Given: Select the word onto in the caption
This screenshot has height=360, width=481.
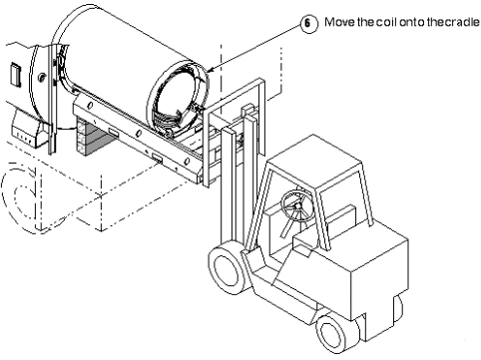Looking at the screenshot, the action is [x=412, y=22].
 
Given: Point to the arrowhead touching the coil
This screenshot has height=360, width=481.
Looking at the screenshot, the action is [x=211, y=70].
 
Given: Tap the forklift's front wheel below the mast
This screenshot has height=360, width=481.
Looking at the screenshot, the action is [x=227, y=268].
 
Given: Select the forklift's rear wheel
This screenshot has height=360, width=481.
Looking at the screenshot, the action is [x=335, y=333].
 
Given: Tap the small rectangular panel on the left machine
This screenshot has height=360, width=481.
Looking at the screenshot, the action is [x=16, y=75].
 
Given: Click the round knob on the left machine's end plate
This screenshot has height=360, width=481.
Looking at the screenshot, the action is [x=41, y=77].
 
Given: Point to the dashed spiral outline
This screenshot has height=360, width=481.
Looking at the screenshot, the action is [x=20, y=197].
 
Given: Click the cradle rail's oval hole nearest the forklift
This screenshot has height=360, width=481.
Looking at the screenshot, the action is [x=187, y=162].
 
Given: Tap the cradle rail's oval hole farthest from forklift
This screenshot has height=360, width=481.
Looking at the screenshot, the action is [x=90, y=106].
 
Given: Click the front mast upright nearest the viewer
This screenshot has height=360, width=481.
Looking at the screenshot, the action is [x=229, y=186].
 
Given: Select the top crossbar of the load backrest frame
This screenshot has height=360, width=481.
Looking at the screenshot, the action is [x=236, y=96].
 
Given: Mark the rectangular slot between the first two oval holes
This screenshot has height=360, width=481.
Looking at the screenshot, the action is [x=114, y=133].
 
